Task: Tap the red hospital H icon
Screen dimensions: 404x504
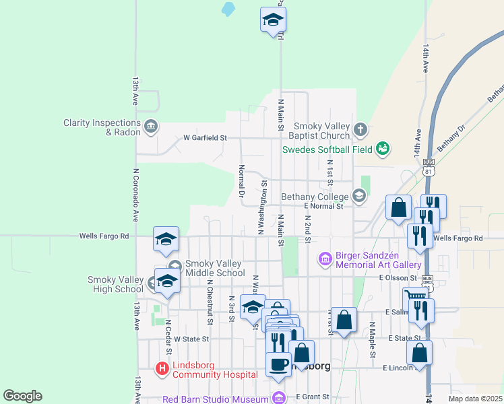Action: [x=162, y=368]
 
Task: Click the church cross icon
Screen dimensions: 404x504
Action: [x=361, y=129]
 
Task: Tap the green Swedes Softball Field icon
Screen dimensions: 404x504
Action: [x=383, y=147]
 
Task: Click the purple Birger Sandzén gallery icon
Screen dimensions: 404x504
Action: [x=325, y=258]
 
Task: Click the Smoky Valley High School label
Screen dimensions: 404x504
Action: [x=116, y=284]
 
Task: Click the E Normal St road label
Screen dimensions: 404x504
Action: [x=323, y=206]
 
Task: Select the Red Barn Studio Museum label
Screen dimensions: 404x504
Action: [x=216, y=399]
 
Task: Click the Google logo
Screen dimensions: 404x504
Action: [x=22, y=396]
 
